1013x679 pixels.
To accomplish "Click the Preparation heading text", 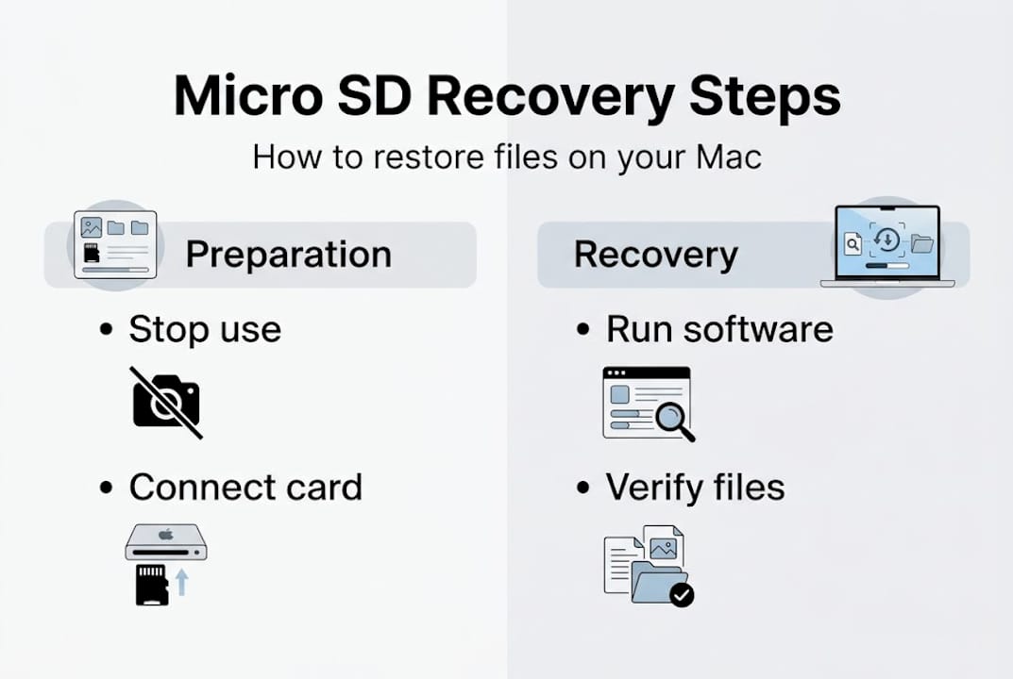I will tap(288, 255).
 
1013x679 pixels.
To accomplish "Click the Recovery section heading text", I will tap(656, 255).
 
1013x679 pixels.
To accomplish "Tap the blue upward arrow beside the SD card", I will tap(182, 582).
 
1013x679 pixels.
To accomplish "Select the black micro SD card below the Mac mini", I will tap(152, 584).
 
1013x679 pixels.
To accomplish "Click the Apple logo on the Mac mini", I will tap(166, 534).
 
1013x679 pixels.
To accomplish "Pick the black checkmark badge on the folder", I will tap(681, 594).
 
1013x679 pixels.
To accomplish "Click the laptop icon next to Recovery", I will tap(887, 246).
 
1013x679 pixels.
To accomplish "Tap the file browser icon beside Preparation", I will tap(115, 244).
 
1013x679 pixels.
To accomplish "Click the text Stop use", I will tap(205, 330).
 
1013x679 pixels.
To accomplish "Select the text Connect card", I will tap(245, 488).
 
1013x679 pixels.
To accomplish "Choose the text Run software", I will tap(719, 329).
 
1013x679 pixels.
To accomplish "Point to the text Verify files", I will tap(695, 488).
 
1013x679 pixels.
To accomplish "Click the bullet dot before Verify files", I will tap(585, 489).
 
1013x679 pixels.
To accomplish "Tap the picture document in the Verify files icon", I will tap(663, 547).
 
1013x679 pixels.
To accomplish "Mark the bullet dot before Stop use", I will tap(108, 331).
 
